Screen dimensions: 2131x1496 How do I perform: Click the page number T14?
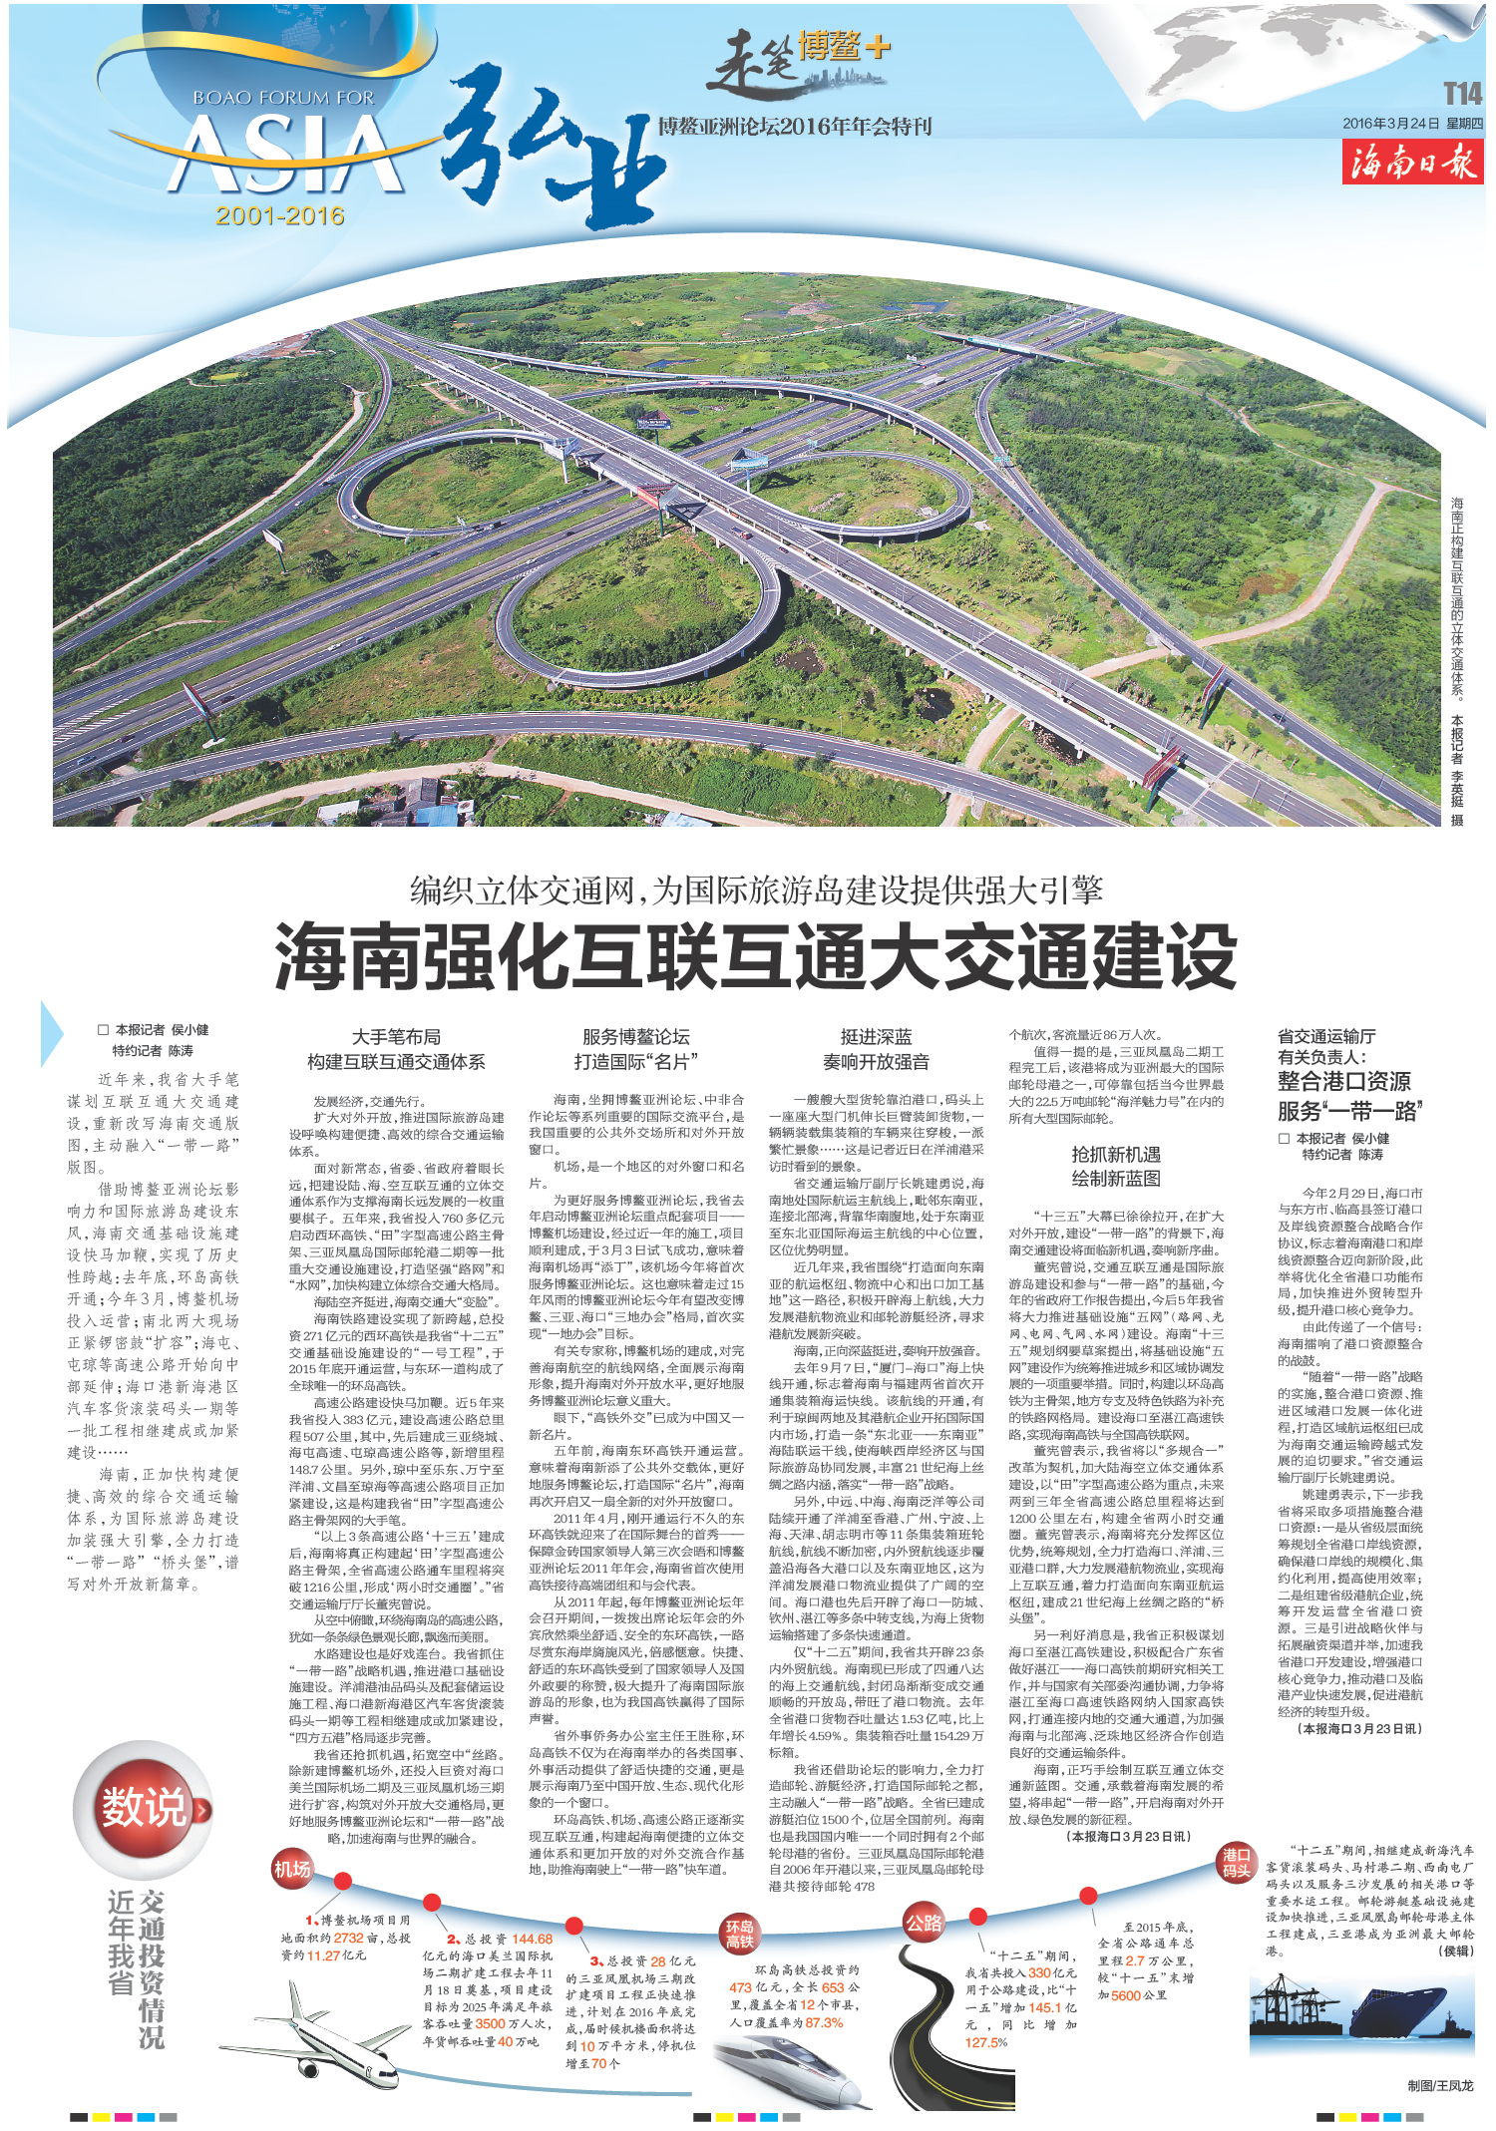coord(1462,94)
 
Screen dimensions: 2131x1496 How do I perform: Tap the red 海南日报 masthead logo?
coord(1411,162)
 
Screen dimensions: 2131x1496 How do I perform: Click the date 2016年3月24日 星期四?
coord(1411,124)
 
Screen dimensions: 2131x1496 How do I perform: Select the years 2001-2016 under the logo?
coord(280,216)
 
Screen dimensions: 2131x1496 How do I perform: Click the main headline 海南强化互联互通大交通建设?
coord(755,957)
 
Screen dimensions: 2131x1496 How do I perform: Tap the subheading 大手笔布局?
coord(396,1037)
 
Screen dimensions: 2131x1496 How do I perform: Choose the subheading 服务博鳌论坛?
coord(635,1037)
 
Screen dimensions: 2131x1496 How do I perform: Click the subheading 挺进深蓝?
coord(876,1037)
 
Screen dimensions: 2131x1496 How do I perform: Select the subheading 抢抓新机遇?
coord(1115,1155)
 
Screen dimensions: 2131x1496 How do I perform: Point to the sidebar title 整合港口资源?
coord(1343,1081)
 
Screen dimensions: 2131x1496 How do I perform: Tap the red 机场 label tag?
coord(292,1869)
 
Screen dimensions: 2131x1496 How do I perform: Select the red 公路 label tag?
coord(924,1924)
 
